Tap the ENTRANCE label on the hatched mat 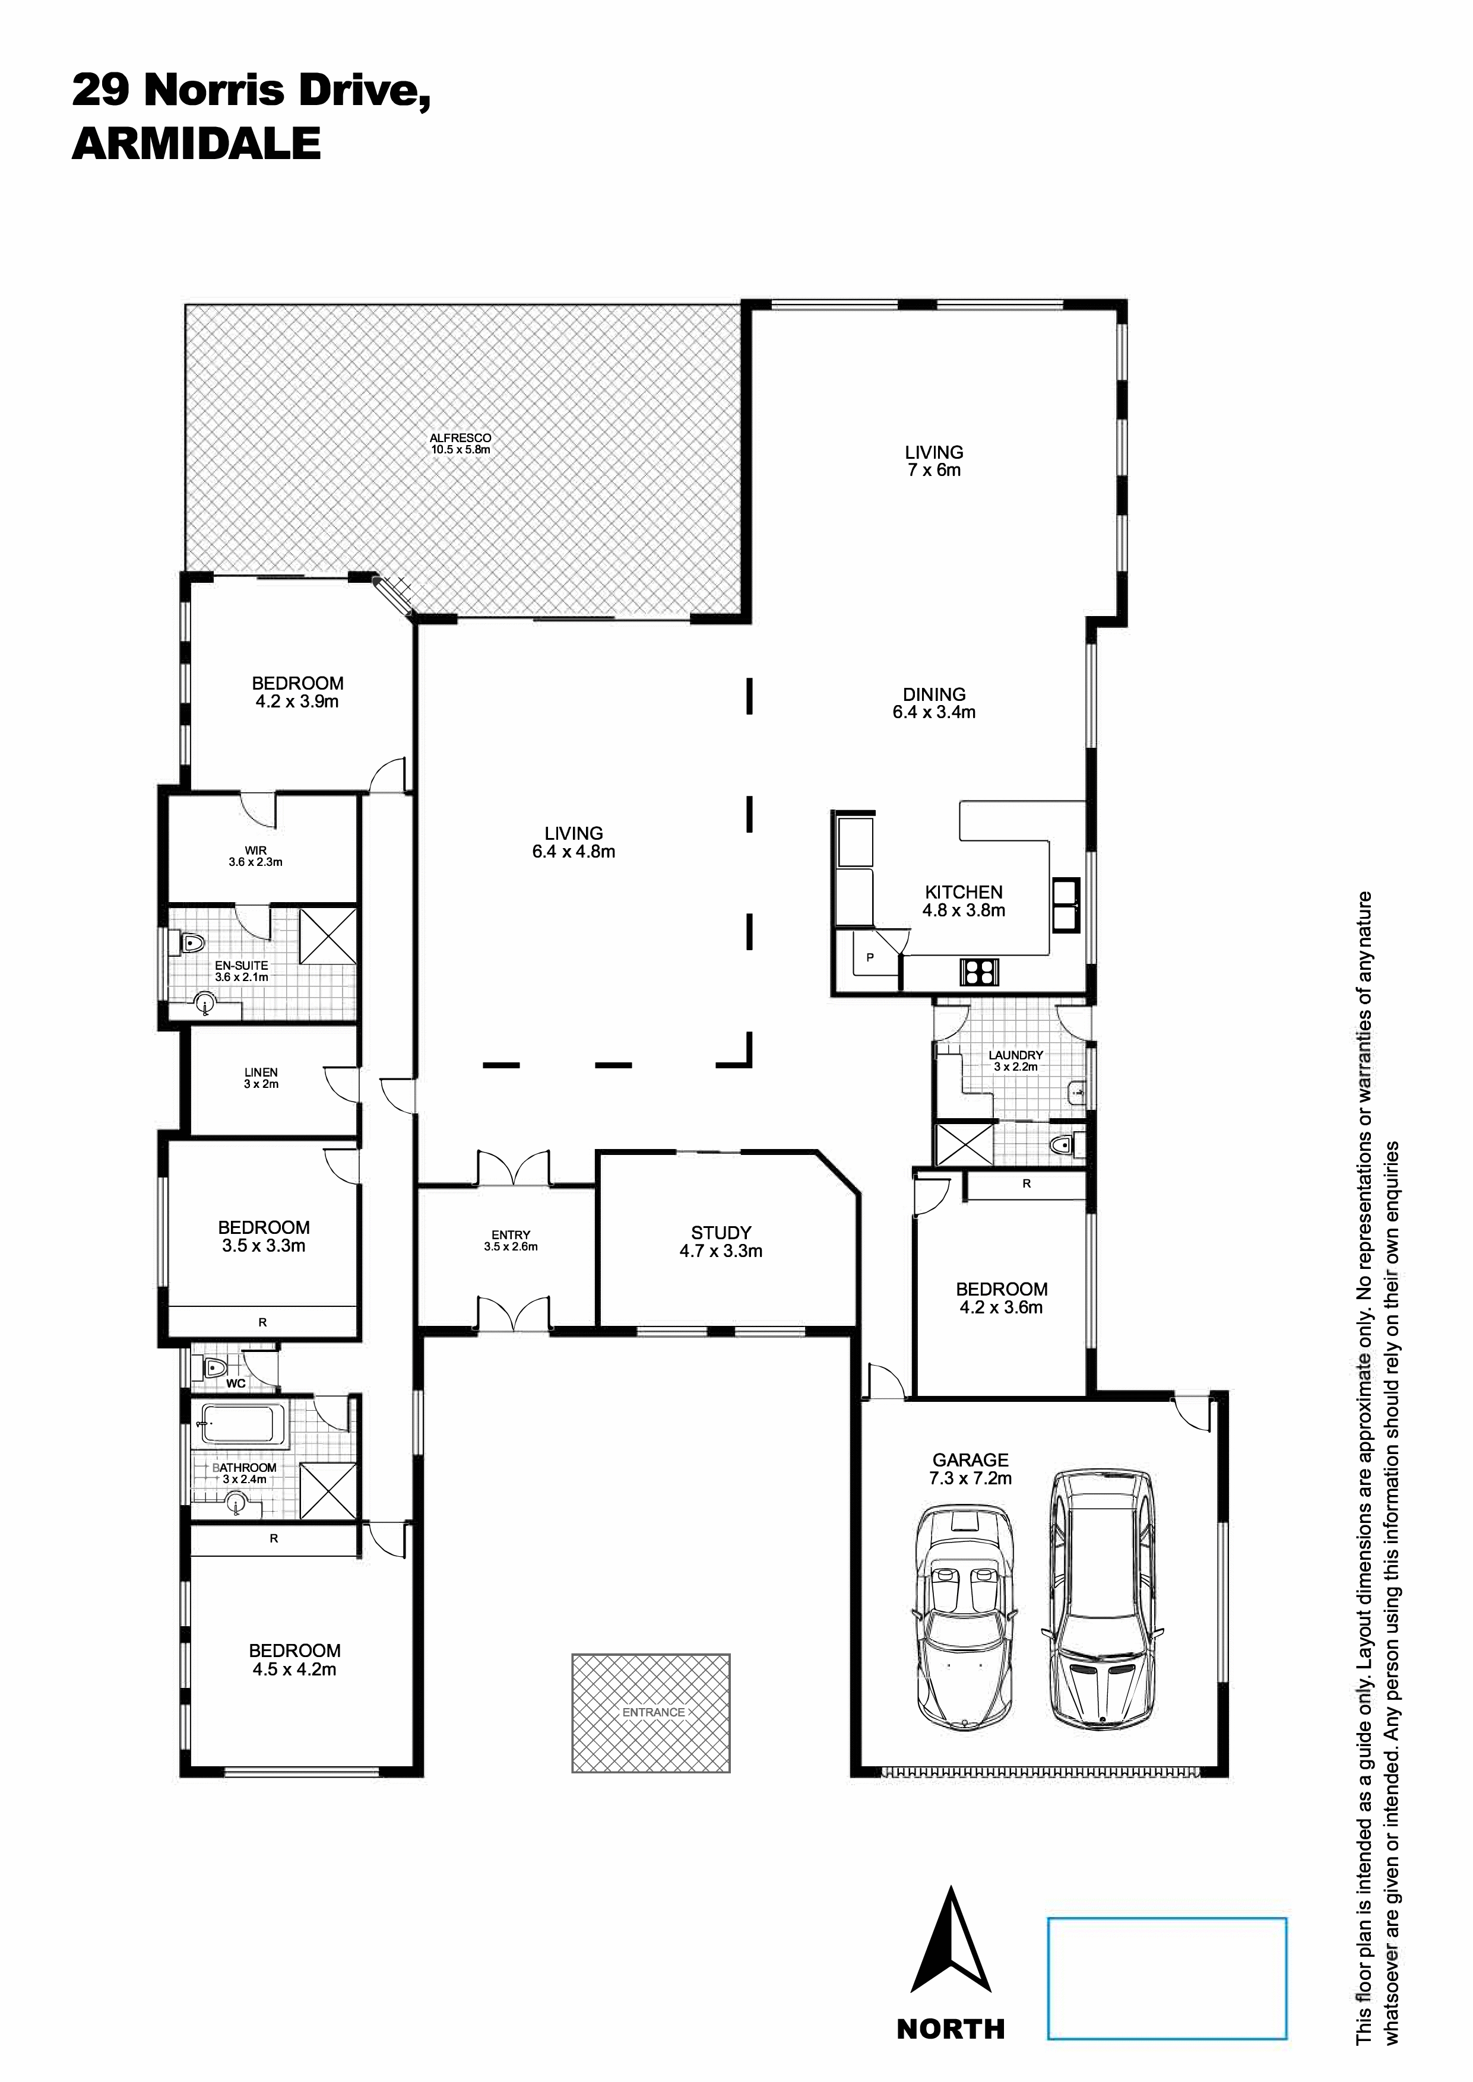point(653,1712)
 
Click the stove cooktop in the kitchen point(978,971)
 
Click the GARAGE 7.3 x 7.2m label point(971,1468)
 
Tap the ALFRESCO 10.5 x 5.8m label point(461,443)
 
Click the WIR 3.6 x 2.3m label point(256,856)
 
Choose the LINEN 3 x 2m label point(261,1077)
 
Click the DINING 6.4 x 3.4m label point(935,703)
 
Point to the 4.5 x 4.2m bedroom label point(295,1659)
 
